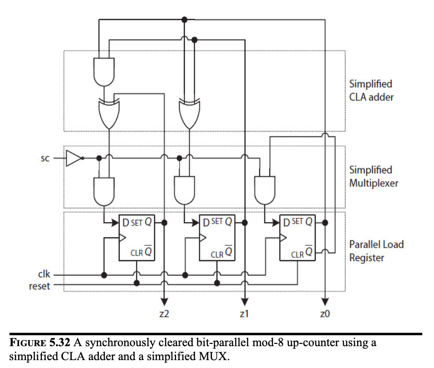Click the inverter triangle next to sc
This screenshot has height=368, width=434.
coord(73,158)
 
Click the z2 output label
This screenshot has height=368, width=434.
coord(164,314)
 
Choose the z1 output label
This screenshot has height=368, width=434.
coord(244,314)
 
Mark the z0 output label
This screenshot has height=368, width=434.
coord(325,314)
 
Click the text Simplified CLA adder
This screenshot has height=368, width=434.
coord(371,91)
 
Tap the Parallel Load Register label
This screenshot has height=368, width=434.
coord(376,250)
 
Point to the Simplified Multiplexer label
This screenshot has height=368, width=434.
coord(373,177)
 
